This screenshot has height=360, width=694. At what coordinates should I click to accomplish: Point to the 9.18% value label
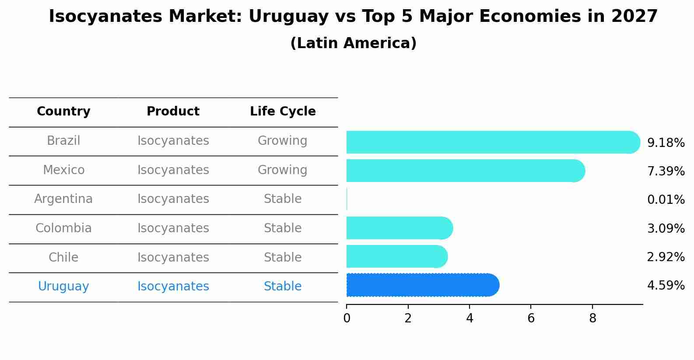(x=666, y=143)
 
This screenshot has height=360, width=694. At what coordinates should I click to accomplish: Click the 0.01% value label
(x=666, y=200)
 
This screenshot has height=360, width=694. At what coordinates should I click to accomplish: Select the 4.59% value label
(x=666, y=286)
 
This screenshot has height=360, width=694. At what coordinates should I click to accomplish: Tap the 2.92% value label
(x=666, y=257)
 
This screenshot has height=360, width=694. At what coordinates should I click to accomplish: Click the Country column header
(x=63, y=112)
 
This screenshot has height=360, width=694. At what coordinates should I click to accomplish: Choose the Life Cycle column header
(x=283, y=112)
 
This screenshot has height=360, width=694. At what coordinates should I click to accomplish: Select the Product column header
(x=173, y=112)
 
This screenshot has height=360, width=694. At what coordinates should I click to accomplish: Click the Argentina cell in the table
(x=63, y=199)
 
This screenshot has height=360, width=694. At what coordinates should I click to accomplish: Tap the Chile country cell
(x=63, y=257)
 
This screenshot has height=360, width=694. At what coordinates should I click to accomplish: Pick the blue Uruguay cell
(x=63, y=287)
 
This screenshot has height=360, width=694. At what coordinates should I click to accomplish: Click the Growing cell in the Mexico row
(x=282, y=170)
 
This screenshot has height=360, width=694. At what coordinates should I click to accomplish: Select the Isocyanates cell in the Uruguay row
(x=173, y=287)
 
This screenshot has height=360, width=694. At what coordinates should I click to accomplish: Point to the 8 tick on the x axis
(x=592, y=318)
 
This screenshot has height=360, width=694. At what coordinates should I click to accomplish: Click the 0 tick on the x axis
(x=347, y=318)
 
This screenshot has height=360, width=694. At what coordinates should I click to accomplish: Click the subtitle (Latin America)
(x=353, y=43)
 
